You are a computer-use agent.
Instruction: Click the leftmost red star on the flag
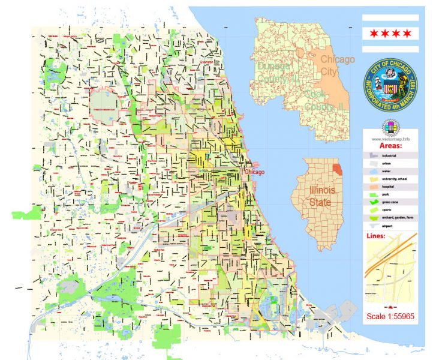374,32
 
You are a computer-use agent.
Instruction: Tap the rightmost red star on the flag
408,32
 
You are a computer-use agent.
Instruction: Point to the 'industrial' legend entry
389,155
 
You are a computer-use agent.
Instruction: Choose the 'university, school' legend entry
393,179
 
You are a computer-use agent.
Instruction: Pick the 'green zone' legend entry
390,202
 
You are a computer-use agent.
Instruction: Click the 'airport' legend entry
387,226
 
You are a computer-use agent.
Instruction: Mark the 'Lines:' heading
375,235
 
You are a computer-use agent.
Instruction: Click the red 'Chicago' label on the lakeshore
254,172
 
